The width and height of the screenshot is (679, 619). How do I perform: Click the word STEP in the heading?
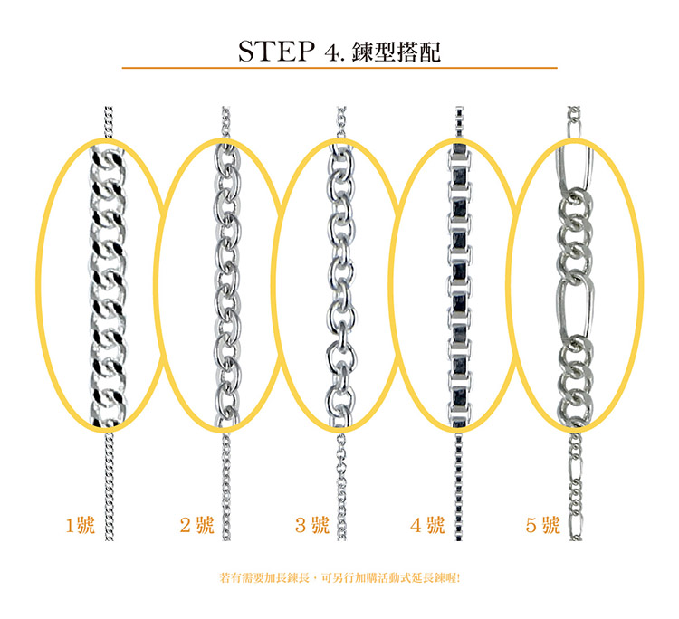pyautogui.click(x=276, y=51)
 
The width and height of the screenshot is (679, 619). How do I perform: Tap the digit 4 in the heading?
pyautogui.click(x=330, y=52)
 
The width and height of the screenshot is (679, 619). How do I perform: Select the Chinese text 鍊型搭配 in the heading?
pyautogui.click(x=397, y=52)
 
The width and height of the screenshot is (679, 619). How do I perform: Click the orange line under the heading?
pyautogui.click(x=339, y=68)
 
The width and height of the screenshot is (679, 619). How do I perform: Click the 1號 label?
pyautogui.click(x=80, y=525)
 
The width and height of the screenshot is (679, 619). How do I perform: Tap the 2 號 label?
pyautogui.click(x=197, y=525)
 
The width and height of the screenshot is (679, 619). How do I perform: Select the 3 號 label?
pyautogui.click(x=312, y=525)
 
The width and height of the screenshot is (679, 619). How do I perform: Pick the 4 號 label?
pyautogui.click(x=427, y=525)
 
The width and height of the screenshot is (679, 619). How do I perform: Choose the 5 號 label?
pyautogui.click(x=542, y=525)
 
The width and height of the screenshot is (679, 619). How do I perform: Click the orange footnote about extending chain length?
pyautogui.click(x=339, y=578)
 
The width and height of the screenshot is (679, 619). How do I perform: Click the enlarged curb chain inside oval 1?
pyautogui.click(x=109, y=286)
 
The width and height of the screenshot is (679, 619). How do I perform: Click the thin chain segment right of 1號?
pyautogui.click(x=110, y=486)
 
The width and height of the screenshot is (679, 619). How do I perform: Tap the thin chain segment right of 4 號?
pyautogui.click(x=459, y=486)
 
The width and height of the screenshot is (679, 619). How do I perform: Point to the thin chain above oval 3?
pyautogui.click(x=341, y=123)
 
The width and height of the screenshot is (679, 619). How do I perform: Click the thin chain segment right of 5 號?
pyautogui.click(x=575, y=486)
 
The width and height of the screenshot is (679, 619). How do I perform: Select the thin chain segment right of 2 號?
pyautogui.click(x=226, y=486)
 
